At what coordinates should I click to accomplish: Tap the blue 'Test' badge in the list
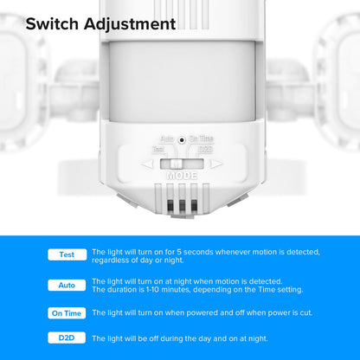[67, 255]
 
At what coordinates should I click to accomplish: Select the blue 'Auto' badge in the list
[67, 285]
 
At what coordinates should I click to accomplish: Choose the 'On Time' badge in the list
[67, 313]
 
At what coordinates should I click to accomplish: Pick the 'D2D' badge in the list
[67, 338]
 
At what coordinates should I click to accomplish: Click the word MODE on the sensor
[182, 175]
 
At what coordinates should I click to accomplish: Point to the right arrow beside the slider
[215, 163]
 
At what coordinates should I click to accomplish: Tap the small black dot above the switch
[182, 138]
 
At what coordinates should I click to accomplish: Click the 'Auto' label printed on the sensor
[167, 138]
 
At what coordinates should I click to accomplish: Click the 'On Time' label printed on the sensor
[202, 138]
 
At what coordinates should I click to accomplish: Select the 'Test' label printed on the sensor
[158, 149]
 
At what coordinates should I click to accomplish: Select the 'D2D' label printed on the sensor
[206, 149]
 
